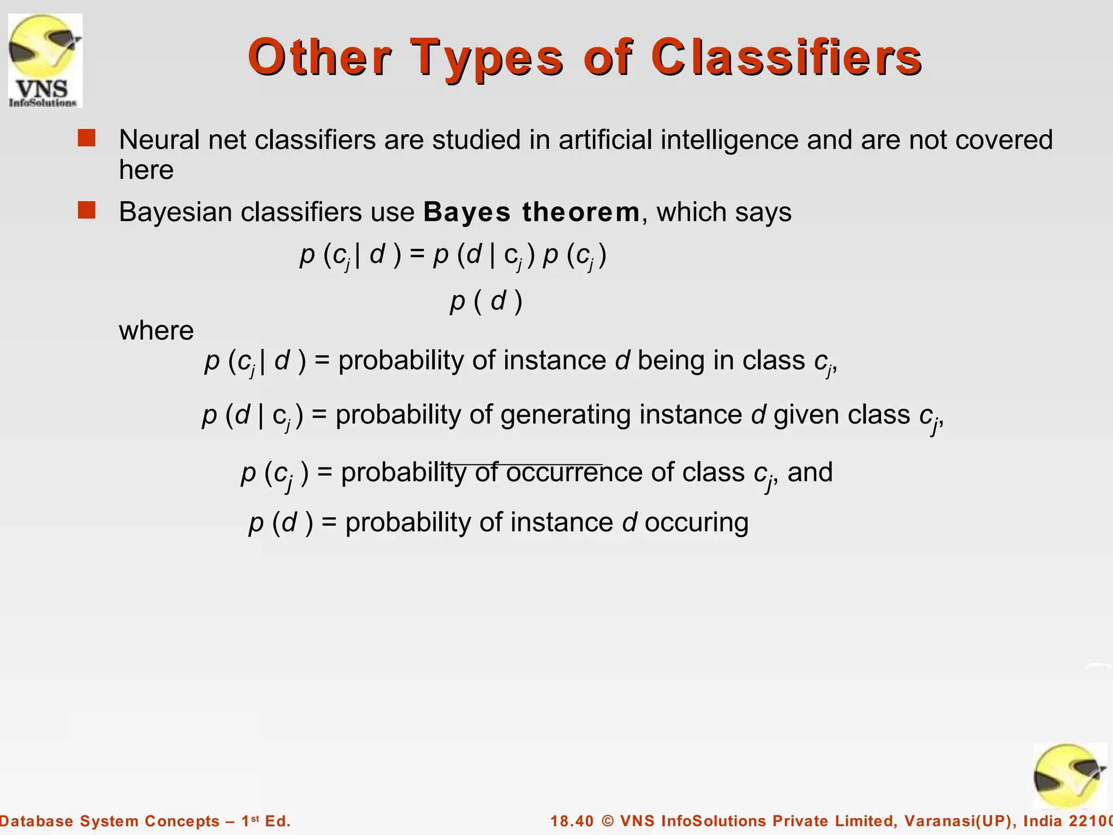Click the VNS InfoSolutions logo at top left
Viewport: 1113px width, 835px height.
[45, 60]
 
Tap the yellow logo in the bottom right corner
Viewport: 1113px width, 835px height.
[1069, 777]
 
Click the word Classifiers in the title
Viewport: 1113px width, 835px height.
[786, 58]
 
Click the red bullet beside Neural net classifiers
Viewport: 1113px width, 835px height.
[86, 138]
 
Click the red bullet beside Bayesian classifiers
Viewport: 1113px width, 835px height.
[86, 210]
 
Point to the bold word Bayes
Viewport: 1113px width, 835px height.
[467, 212]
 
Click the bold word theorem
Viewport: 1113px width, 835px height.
[581, 212]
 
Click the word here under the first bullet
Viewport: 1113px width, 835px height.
[146, 170]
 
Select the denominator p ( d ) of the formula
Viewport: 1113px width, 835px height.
[486, 301]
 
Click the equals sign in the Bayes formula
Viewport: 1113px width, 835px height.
[417, 254]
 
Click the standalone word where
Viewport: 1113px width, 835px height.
[156, 331]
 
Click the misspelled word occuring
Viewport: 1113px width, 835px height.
[696, 523]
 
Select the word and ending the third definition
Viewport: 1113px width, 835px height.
[810, 472]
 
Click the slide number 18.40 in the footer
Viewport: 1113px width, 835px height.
[572, 821]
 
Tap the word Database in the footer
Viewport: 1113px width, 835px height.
[36, 821]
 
